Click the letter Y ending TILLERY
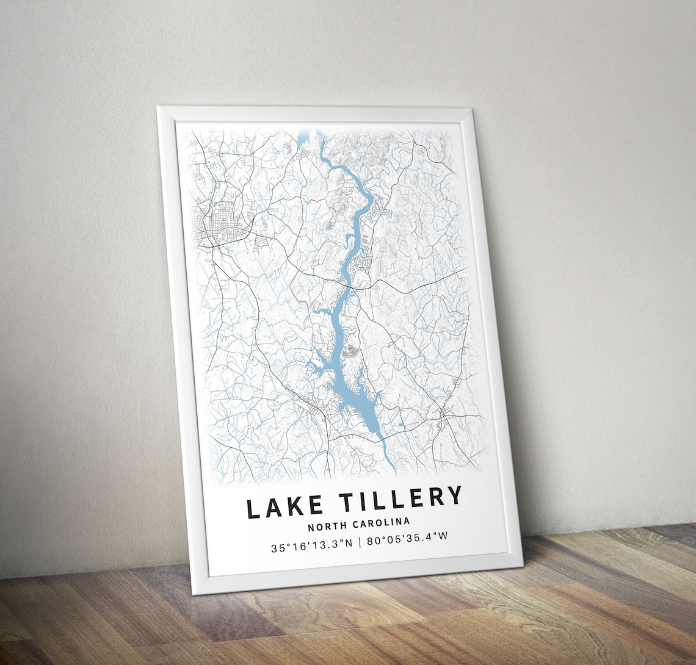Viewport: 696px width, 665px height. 454,495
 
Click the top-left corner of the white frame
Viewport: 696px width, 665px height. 159,109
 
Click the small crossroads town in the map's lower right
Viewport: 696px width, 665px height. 445,418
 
